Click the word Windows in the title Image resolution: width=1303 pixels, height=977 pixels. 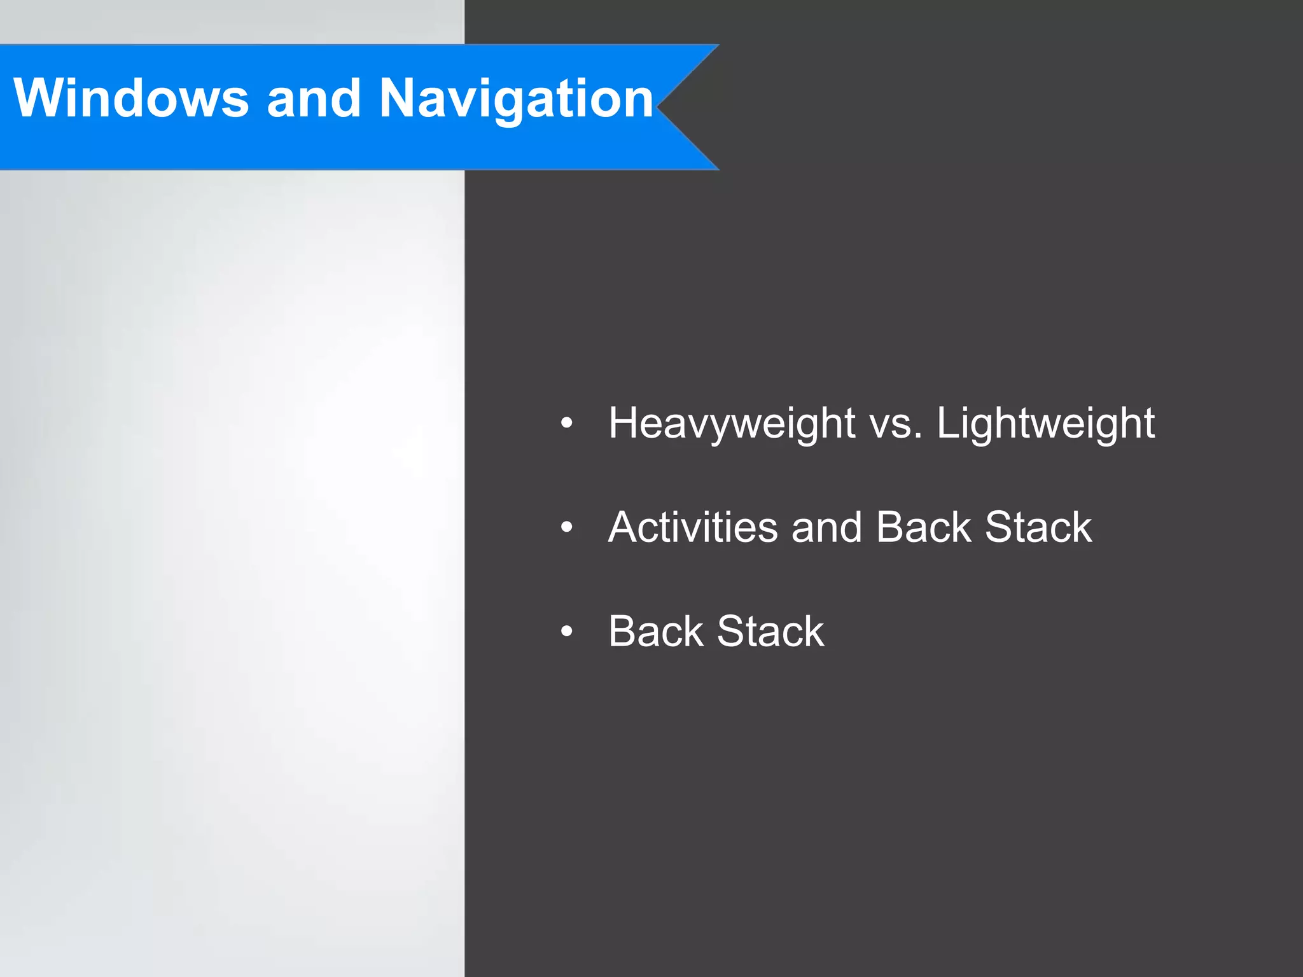point(131,98)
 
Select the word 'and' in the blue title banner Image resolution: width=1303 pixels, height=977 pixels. point(314,98)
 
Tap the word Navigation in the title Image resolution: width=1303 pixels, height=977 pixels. point(516,99)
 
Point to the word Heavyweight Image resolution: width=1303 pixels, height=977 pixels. point(732,424)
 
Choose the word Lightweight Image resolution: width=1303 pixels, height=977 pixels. point(1045,424)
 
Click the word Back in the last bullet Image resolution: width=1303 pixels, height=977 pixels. point(655,631)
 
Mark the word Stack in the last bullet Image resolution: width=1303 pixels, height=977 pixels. point(770,631)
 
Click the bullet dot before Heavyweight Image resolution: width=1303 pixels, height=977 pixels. point(567,423)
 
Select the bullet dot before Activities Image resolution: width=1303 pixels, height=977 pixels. point(567,527)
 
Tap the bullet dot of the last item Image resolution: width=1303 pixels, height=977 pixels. point(567,631)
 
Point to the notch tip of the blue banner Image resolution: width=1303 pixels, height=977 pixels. point(658,107)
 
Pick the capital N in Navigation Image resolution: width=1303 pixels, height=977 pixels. point(400,98)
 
